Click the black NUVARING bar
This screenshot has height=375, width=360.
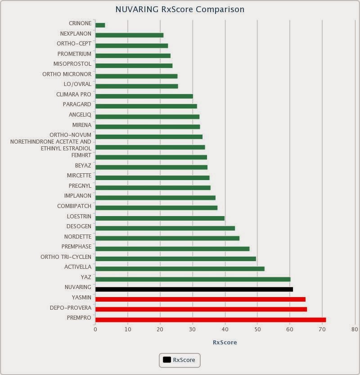[194, 289]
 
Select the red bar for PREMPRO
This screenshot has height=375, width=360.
[211, 320]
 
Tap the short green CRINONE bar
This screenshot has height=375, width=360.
[100, 25]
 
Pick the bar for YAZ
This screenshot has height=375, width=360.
[193, 279]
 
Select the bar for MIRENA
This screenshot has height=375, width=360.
[148, 127]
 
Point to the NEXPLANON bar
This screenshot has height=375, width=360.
[129, 36]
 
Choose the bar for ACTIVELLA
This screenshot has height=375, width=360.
[180, 269]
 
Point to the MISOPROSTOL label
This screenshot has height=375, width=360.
[72, 64]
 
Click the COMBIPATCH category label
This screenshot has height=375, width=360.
[74, 206]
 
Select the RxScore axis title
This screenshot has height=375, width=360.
[225, 343]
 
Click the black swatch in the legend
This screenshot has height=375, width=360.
[167, 360]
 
